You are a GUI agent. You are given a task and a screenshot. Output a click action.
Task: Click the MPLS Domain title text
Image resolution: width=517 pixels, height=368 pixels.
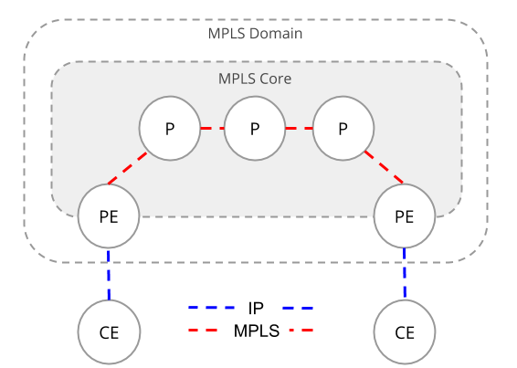point(256,34)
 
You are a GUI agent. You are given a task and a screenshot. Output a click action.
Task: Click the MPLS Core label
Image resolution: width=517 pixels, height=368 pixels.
point(255,79)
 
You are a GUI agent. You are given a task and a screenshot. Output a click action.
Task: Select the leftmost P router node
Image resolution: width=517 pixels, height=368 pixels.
point(170,129)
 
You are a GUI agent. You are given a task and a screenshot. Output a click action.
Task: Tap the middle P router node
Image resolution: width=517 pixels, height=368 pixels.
point(255,129)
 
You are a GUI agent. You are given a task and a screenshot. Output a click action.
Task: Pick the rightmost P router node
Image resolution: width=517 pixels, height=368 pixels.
point(343,129)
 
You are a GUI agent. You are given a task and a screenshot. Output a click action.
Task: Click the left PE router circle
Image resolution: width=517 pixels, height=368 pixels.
point(109,217)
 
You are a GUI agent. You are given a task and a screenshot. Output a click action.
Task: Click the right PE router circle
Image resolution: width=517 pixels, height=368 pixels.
point(404,217)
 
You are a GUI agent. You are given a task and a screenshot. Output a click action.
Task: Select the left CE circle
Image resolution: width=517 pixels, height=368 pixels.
point(109,331)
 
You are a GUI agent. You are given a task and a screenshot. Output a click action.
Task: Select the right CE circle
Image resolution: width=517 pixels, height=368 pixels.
point(405,331)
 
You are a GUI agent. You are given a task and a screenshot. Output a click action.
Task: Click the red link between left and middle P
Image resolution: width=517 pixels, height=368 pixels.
point(212,129)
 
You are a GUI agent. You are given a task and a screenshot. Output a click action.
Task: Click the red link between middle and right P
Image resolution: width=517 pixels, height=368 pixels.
point(299,129)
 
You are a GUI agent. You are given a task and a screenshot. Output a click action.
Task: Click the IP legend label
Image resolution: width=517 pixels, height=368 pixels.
point(256,308)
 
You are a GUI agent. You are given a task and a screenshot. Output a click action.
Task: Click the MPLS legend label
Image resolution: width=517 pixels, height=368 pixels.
point(256,330)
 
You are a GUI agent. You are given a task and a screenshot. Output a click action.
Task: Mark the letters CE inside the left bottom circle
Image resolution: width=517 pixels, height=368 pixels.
point(109,331)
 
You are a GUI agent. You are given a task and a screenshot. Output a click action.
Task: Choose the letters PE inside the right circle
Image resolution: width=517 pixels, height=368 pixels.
point(404,217)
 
